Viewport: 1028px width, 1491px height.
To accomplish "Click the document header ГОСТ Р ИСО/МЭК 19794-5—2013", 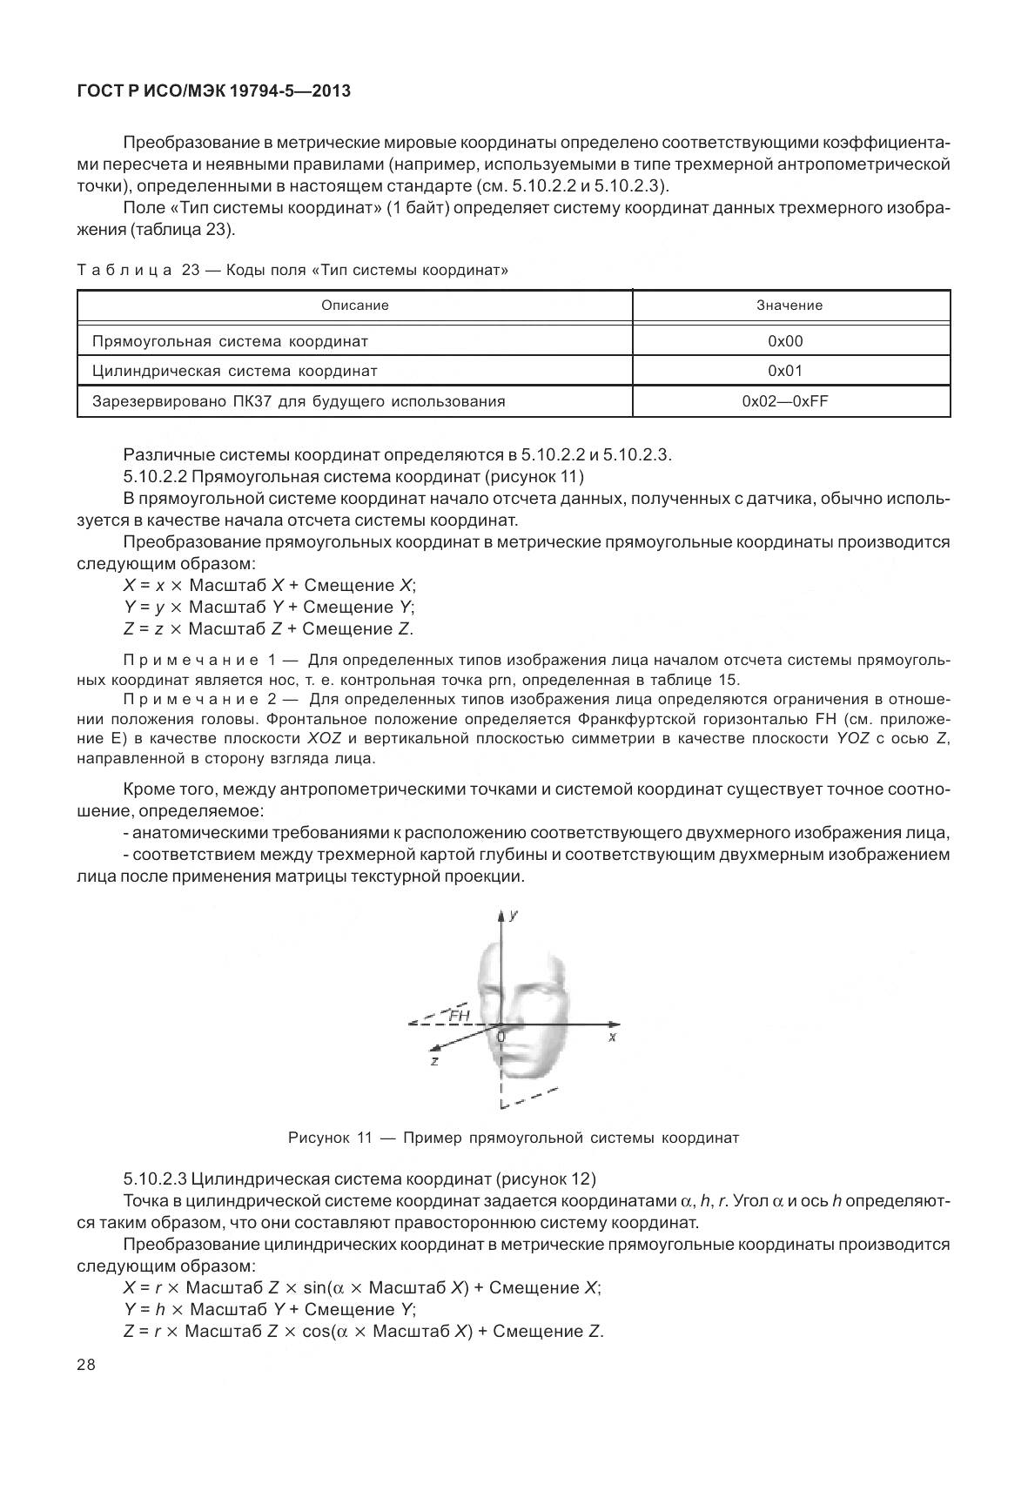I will tap(214, 90).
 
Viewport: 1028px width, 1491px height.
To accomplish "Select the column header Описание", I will tap(354, 306).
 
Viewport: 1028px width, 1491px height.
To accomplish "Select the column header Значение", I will tap(789, 306).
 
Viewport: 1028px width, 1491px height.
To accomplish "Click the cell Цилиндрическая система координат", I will tap(235, 371).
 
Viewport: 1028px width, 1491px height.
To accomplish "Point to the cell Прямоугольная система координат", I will tap(230, 341).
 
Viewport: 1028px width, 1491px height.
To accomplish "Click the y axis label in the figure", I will tap(514, 915).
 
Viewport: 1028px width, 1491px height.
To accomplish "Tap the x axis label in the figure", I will tap(613, 1038).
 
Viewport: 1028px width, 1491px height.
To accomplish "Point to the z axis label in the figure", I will tap(434, 1061).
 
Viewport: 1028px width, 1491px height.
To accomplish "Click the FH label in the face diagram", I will tap(460, 1015).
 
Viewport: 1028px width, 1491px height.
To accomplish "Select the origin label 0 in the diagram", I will tap(501, 1037).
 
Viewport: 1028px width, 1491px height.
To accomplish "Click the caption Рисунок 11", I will tap(514, 1138).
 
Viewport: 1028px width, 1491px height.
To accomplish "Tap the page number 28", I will tap(86, 1364).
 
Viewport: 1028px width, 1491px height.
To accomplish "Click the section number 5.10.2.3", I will tap(155, 1179).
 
